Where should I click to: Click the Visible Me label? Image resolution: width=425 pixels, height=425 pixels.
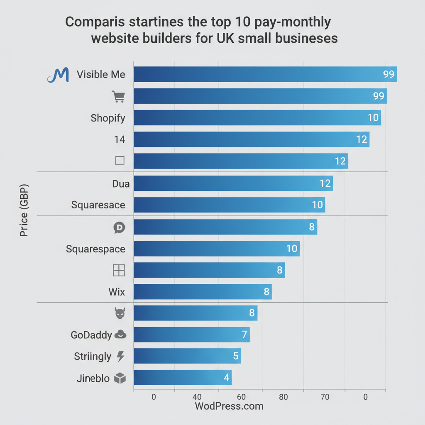pos(101,75)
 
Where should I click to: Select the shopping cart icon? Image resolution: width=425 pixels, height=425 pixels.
pos(118,96)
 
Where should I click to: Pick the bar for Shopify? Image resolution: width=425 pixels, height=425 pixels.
pos(257,118)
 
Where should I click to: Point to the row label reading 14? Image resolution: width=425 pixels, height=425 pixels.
pos(120,139)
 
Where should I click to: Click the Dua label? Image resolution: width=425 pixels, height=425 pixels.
pos(121,183)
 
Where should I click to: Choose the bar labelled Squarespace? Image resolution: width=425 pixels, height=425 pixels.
pos(216,249)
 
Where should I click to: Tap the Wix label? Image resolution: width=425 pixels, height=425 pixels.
pos(117,292)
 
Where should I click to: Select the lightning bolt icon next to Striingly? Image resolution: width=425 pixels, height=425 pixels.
pos(120,356)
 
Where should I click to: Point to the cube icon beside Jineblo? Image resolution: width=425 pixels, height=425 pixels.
pos(120,378)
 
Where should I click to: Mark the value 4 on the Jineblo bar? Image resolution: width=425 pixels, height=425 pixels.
pos(226,378)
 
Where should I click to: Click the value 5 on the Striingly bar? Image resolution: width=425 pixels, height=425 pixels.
pos(235,356)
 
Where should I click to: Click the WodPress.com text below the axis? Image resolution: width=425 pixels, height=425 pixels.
pos(229,406)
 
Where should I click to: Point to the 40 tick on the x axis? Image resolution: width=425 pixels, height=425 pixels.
pos(197,397)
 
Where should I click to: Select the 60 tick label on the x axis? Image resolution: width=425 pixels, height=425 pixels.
pos(240,397)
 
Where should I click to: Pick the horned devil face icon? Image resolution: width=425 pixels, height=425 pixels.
pos(120,313)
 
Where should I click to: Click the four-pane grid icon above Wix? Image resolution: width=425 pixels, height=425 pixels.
pos(119,271)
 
